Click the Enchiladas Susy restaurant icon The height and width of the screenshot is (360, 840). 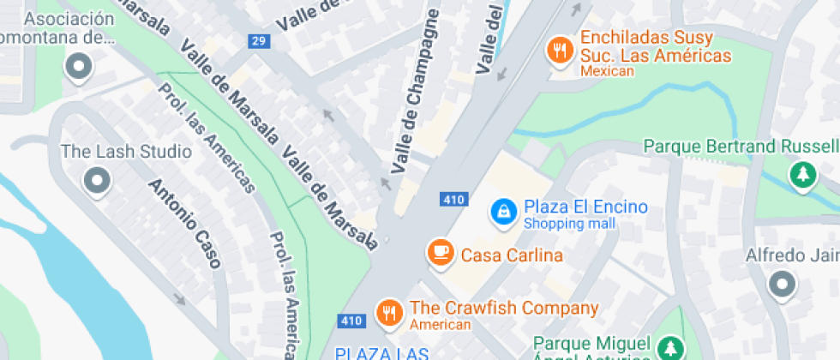pyautogui.click(x=560, y=50)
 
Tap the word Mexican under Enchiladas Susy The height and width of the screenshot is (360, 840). pyautogui.click(x=607, y=72)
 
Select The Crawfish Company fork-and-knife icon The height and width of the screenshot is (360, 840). pyautogui.click(x=389, y=312)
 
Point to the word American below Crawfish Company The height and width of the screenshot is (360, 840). pyautogui.click(x=440, y=325)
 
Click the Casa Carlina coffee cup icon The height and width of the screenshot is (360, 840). pyautogui.click(x=441, y=252)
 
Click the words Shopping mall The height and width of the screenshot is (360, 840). pyautogui.click(x=569, y=224)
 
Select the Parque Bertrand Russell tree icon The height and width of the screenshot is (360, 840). pyautogui.click(x=802, y=174)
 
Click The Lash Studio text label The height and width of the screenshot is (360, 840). pyautogui.click(x=126, y=152)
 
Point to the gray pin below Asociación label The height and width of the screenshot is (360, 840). pyautogui.click(x=80, y=66)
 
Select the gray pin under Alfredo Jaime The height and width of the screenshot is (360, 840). pyautogui.click(x=782, y=284)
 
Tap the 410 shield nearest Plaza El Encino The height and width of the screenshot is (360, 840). pyautogui.click(x=453, y=200)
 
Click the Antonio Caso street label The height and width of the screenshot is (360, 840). pyautogui.click(x=184, y=223)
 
